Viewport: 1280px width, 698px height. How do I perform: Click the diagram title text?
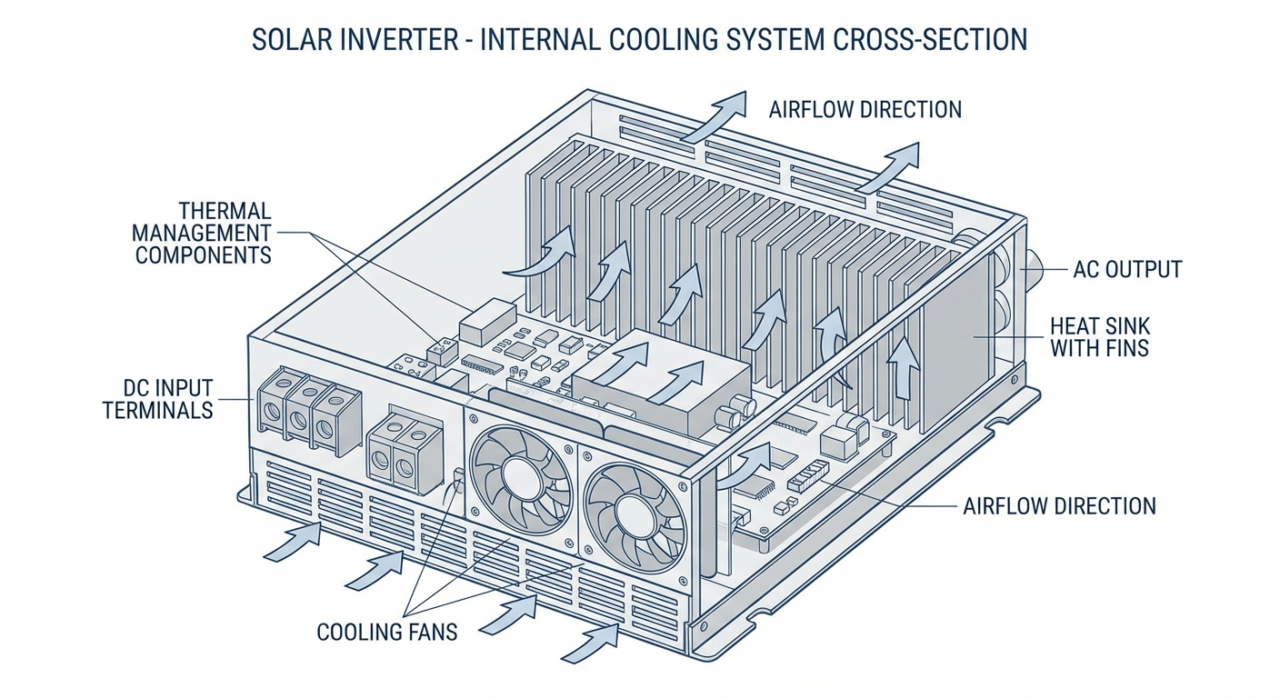point(639,42)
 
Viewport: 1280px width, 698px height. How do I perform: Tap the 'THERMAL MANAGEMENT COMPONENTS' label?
point(204,233)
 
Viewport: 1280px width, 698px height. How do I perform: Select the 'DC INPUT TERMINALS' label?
point(158,399)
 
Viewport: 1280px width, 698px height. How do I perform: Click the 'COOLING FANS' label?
point(387,632)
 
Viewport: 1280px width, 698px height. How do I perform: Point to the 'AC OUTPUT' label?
point(1127,270)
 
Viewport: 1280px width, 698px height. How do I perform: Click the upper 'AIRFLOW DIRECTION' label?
point(865,110)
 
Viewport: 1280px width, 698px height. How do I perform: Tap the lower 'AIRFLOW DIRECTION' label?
point(1059,506)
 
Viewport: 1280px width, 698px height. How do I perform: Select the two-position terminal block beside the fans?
point(405,452)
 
